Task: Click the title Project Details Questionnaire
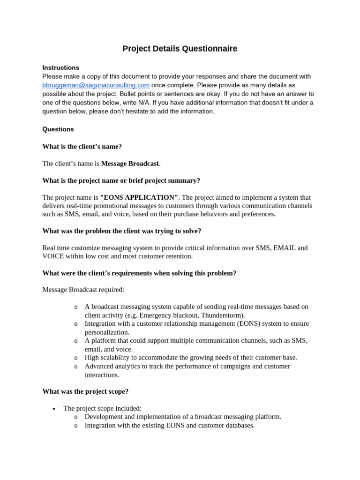pos(180,49)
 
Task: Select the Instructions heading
pos(60,67)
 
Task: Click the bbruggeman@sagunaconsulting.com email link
pos(96,85)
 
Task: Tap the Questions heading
pos(58,129)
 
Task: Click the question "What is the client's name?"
pos(82,146)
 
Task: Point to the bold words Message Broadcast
pos(130,164)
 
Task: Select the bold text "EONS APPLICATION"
pos(139,197)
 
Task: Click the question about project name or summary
pos(121,180)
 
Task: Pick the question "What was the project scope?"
pos(85,391)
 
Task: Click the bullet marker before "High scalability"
pos(75,358)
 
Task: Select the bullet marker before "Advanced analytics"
pos(75,366)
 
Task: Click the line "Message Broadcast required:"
pos(83,290)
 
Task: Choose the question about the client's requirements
pos(139,273)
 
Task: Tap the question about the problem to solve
pos(122,231)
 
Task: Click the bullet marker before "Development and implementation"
pos(75,417)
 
